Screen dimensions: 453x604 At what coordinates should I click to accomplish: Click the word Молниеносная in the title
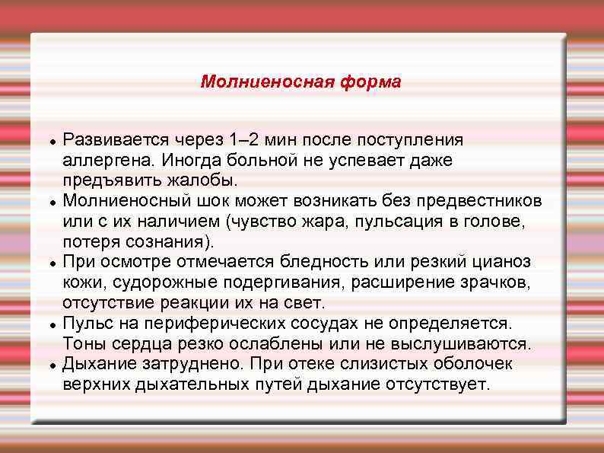point(258,81)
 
